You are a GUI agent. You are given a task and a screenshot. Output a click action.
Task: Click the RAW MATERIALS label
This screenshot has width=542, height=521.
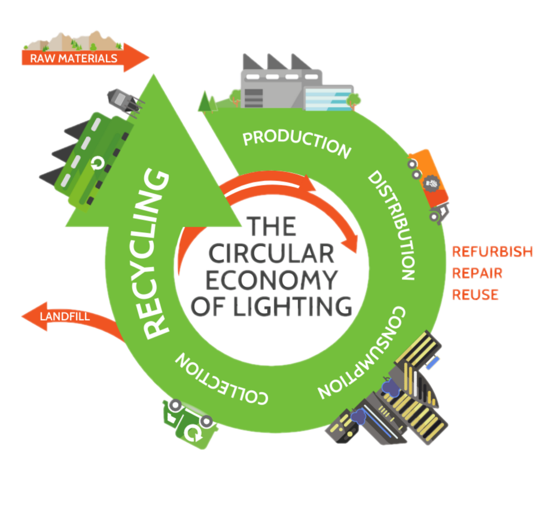point(73,58)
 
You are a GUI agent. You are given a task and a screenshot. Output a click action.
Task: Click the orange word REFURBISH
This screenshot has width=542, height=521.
point(492,252)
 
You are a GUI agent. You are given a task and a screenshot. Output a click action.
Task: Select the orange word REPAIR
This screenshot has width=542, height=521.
point(477,273)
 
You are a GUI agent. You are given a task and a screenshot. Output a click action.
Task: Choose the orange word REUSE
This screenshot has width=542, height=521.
point(475,294)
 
